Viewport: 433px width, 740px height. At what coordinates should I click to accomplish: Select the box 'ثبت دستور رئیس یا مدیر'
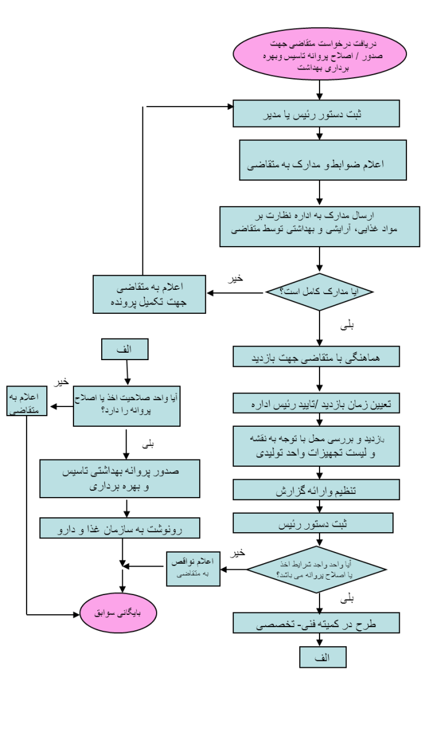click(x=316, y=113)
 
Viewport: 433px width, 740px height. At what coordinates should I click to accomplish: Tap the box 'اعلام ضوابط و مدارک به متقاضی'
click(x=323, y=160)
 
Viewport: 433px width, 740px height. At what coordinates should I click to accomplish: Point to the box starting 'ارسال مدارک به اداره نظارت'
click(x=320, y=226)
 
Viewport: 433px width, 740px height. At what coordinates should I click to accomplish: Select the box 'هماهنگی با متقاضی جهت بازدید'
click(x=316, y=356)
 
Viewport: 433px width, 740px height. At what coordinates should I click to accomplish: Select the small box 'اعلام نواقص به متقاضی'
click(x=193, y=569)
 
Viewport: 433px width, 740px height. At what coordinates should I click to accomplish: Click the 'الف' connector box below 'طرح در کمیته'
click(x=323, y=657)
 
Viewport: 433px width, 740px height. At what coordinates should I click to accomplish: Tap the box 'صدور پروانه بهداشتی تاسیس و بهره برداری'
click(x=120, y=477)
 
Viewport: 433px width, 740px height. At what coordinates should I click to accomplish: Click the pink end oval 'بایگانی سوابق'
click(x=119, y=614)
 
